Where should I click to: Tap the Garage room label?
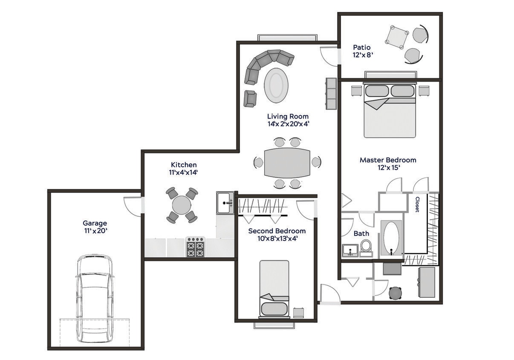95,223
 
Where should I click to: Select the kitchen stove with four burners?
196,247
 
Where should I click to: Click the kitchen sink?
225,203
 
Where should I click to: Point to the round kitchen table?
182,205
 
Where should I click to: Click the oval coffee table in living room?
276,85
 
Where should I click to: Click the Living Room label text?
288,116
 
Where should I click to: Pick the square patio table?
397,37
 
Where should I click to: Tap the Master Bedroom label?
388,160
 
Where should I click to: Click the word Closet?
417,204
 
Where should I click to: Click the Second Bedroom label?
277,231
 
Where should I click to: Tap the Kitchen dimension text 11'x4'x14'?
183,173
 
